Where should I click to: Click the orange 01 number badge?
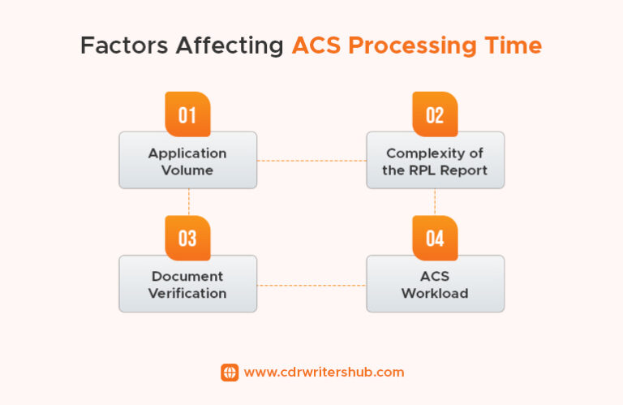tap(187, 114)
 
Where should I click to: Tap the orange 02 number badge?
tap(435, 114)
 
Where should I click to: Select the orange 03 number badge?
tap(187, 238)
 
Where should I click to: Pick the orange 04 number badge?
tap(435, 238)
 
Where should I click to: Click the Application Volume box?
tap(187, 162)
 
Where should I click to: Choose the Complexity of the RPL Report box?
tap(435, 162)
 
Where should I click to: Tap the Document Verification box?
tap(187, 285)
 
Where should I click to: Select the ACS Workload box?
tap(435, 285)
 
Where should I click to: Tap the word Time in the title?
tap(512, 46)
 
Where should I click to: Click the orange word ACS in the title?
tap(318, 46)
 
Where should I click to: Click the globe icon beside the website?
tap(230, 372)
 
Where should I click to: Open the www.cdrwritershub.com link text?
tap(324, 372)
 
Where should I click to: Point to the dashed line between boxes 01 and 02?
tap(311, 161)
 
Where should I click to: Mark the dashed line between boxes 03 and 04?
tap(311, 285)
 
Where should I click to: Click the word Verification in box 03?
tap(187, 293)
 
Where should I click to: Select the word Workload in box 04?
tap(435, 293)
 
